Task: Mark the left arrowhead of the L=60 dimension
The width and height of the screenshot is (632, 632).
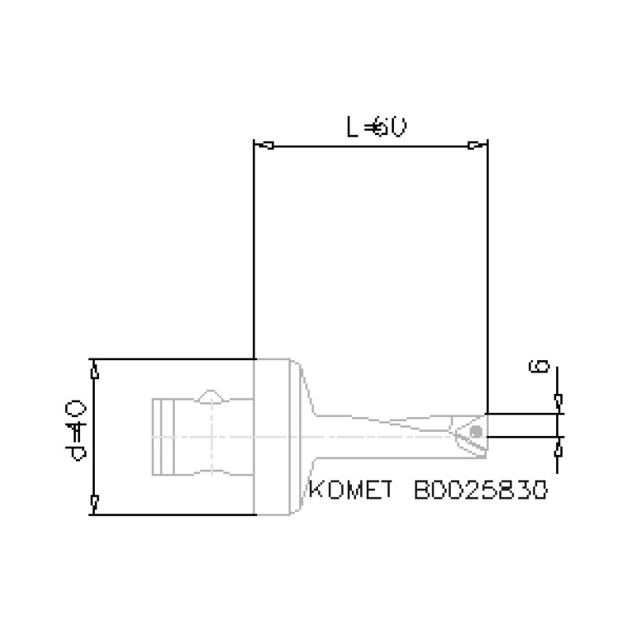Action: click(265, 147)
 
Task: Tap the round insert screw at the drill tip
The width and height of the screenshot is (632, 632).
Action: click(475, 432)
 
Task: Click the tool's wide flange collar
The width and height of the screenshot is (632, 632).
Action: click(275, 437)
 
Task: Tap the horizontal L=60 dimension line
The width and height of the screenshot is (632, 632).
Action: click(371, 147)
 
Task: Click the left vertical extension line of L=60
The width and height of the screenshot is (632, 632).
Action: click(254, 247)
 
